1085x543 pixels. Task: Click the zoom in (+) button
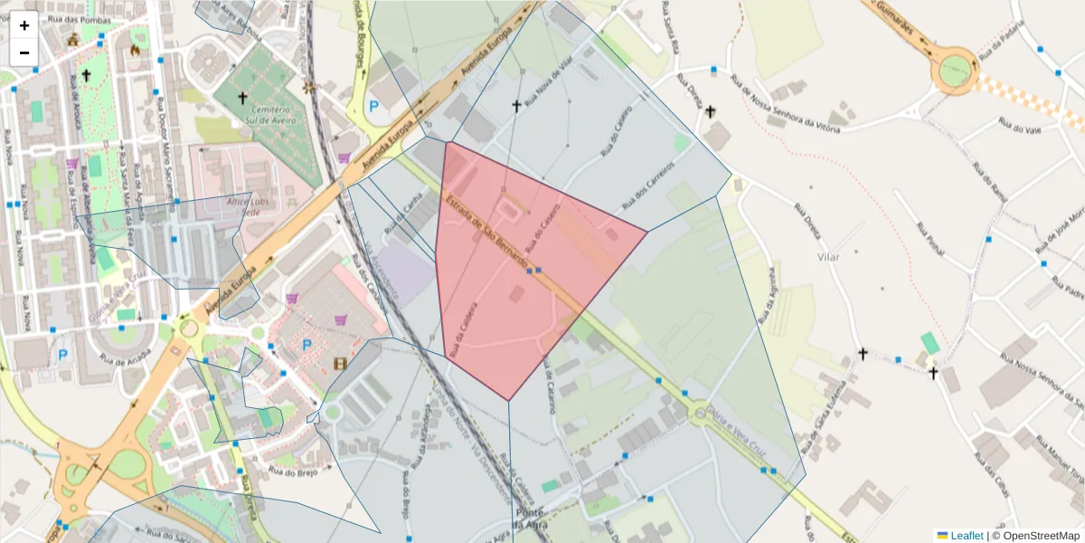tap(24, 25)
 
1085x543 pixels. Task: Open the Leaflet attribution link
tap(967, 536)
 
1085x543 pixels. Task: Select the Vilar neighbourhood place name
tap(827, 257)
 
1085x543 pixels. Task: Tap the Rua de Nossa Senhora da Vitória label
tap(785, 104)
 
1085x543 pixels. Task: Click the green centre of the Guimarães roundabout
tap(954, 69)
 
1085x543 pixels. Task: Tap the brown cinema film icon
tap(340, 364)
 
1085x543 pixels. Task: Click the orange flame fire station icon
tap(137, 51)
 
